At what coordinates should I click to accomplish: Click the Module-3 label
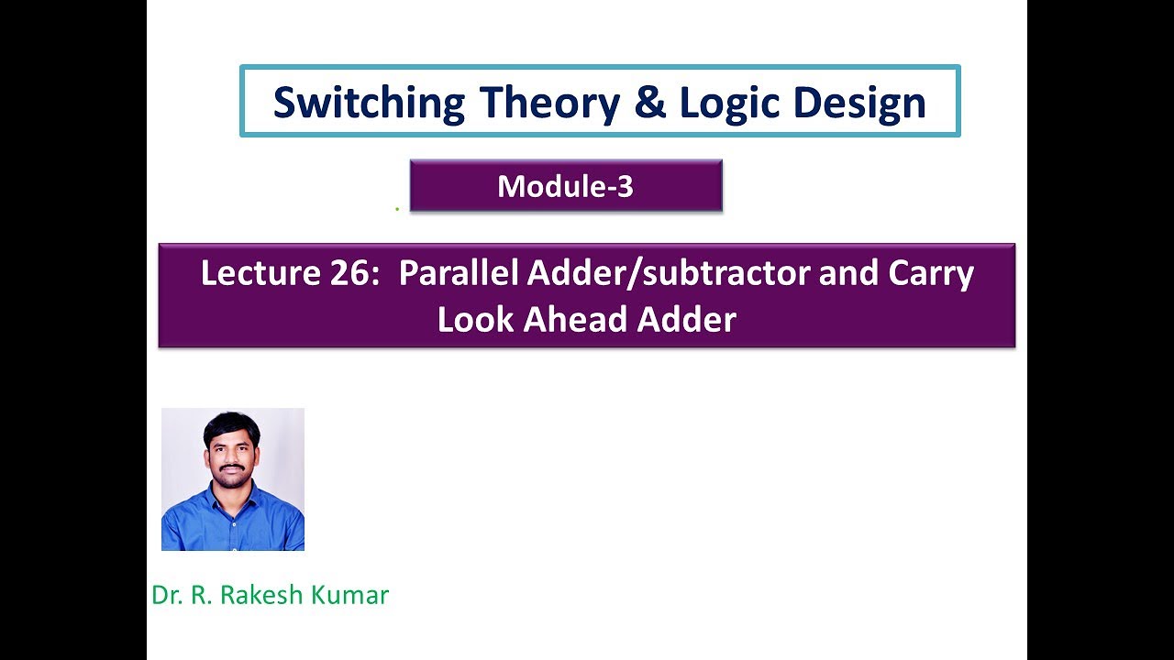565,186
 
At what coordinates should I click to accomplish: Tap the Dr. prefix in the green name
165,595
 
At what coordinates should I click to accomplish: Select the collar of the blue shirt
232,495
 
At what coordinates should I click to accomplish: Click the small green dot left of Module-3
397,209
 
